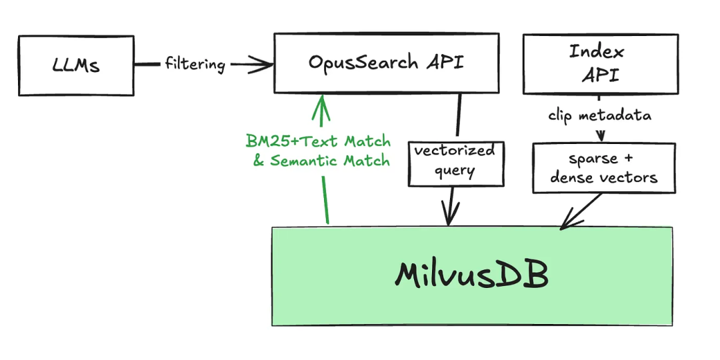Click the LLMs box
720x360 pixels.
click(x=76, y=65)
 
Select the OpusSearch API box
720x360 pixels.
click(x=386, y=63)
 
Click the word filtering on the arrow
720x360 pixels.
click(x=195, y=64)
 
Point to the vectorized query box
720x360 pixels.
click(x=455, y=161)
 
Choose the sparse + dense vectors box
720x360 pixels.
click(x=604, y=168)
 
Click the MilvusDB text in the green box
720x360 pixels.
click(x=471, y=275)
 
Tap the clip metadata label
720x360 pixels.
click(x=599, y=115)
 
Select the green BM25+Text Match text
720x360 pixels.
click(x=318, y=141)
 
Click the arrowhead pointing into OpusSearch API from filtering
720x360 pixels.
click(x=264, y=64)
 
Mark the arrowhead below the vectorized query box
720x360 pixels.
click(x=451, y=217)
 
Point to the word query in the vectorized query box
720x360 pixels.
click(x=455, y=171)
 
